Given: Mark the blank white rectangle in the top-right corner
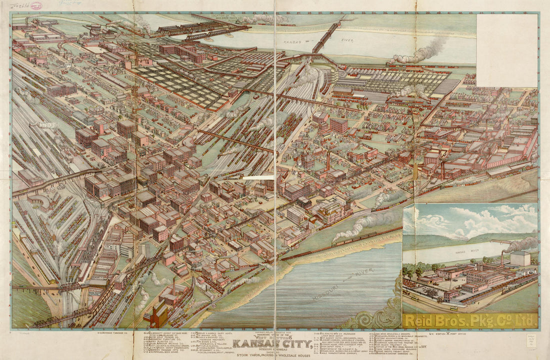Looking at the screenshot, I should click(x=506, y=50).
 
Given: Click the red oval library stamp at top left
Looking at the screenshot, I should click(x=36, y=5).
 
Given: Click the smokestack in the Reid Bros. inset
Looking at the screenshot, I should click(x=502, y=258).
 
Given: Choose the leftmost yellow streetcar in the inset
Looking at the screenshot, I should click(x=414, y=297).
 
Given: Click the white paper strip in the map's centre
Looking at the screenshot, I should click(x=258, y=177).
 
